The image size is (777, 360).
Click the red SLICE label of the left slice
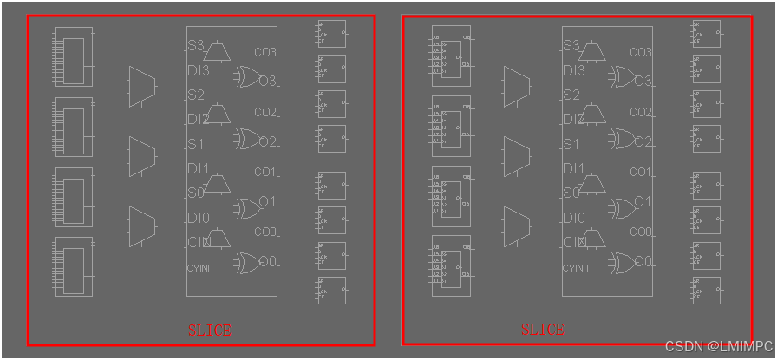tap(210, 331)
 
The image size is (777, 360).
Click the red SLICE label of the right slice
tap(542, 330)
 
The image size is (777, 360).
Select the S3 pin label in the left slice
tap(196, 45)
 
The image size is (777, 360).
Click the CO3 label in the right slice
tap(640, 53)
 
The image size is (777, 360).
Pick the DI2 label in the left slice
tap(198, 120)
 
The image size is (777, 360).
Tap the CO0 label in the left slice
tap(264, 232)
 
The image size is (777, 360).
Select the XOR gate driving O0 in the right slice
tap(622, 261)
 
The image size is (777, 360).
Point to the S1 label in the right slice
tap(571, 145)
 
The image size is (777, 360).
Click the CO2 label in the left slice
tap(264, 113)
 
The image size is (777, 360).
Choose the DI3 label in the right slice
tap(574, 70)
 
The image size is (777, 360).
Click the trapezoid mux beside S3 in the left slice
tap(217, 53)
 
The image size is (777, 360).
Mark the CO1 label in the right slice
tap(640, 173)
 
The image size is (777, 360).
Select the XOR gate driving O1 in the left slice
tap(246, 207)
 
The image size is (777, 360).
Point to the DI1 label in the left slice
tap(199, 168)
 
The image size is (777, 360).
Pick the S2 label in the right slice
tap(571, 95)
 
